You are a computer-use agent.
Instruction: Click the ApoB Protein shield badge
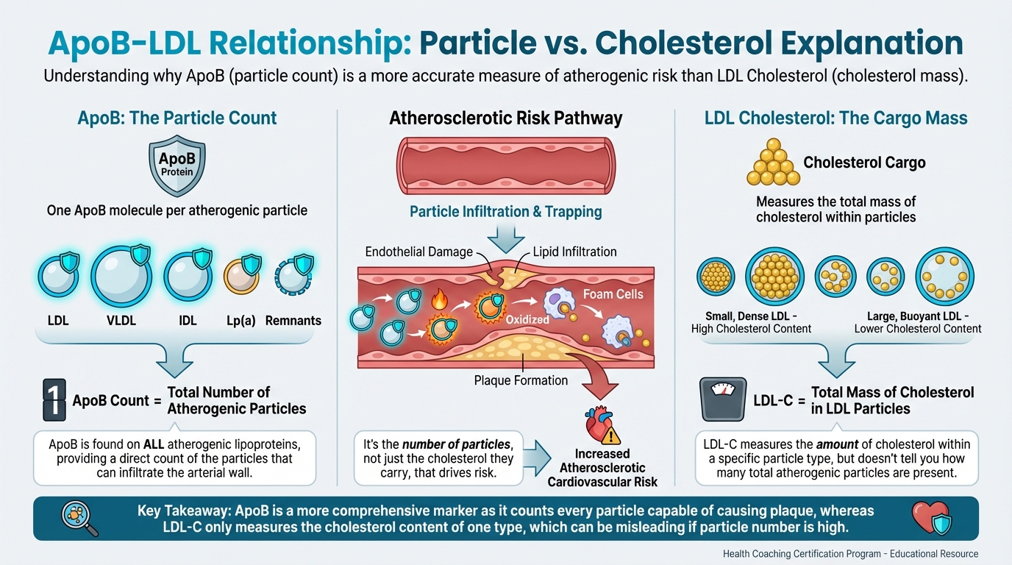[x=177, y=166]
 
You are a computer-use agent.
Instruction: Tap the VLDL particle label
[x=121, y=321]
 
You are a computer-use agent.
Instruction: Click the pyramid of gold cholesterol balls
[x=773, y=163]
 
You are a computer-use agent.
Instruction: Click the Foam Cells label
[x=613, y=294]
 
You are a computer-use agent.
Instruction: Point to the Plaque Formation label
[x=521, y=380]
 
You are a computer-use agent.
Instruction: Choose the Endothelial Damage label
[x=418, y=252]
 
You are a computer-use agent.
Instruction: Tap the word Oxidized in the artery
[x=527, y=321]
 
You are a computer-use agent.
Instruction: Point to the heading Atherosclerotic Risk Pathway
[x=506, y=118]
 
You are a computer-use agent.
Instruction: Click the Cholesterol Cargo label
[x=864, y=163]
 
